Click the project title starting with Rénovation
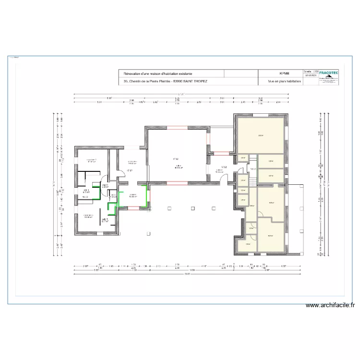pos(158,73)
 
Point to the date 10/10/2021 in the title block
pos(311,75)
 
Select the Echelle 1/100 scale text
pos(311,70)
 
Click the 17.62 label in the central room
pos(176,159)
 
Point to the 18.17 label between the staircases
pos(253,168)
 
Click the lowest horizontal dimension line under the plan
pos(187,274)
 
